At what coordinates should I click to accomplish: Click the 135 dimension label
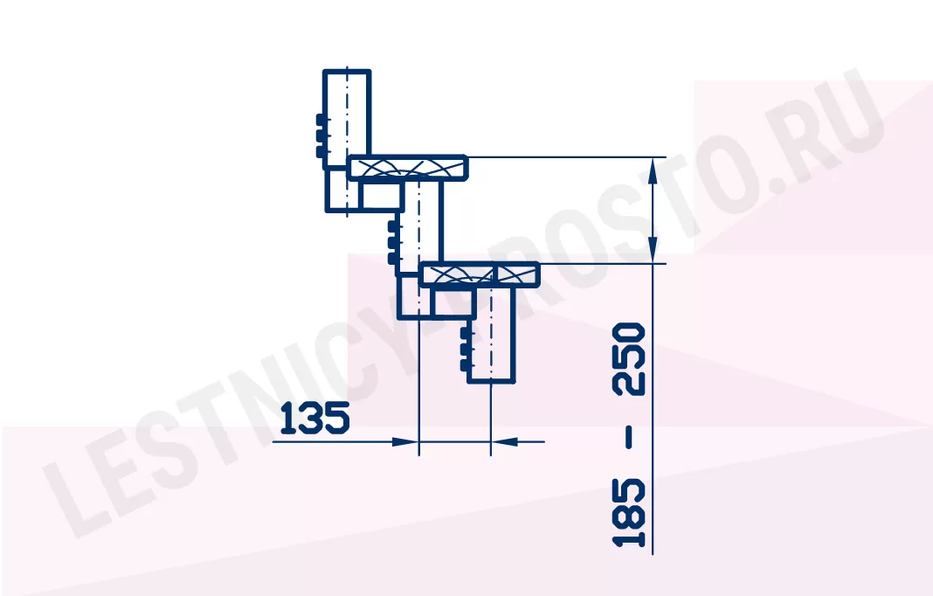tap(314, 418)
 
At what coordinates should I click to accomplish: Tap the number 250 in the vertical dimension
tap(629, 358)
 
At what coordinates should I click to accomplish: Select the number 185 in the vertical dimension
tap(629, 513)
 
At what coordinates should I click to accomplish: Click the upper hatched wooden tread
tap(408, 167)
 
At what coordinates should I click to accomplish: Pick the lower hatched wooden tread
tap(480, 274)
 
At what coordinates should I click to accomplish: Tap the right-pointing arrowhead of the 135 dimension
tap(405, 442)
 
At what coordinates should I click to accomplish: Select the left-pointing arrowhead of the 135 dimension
tap(505, 442)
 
